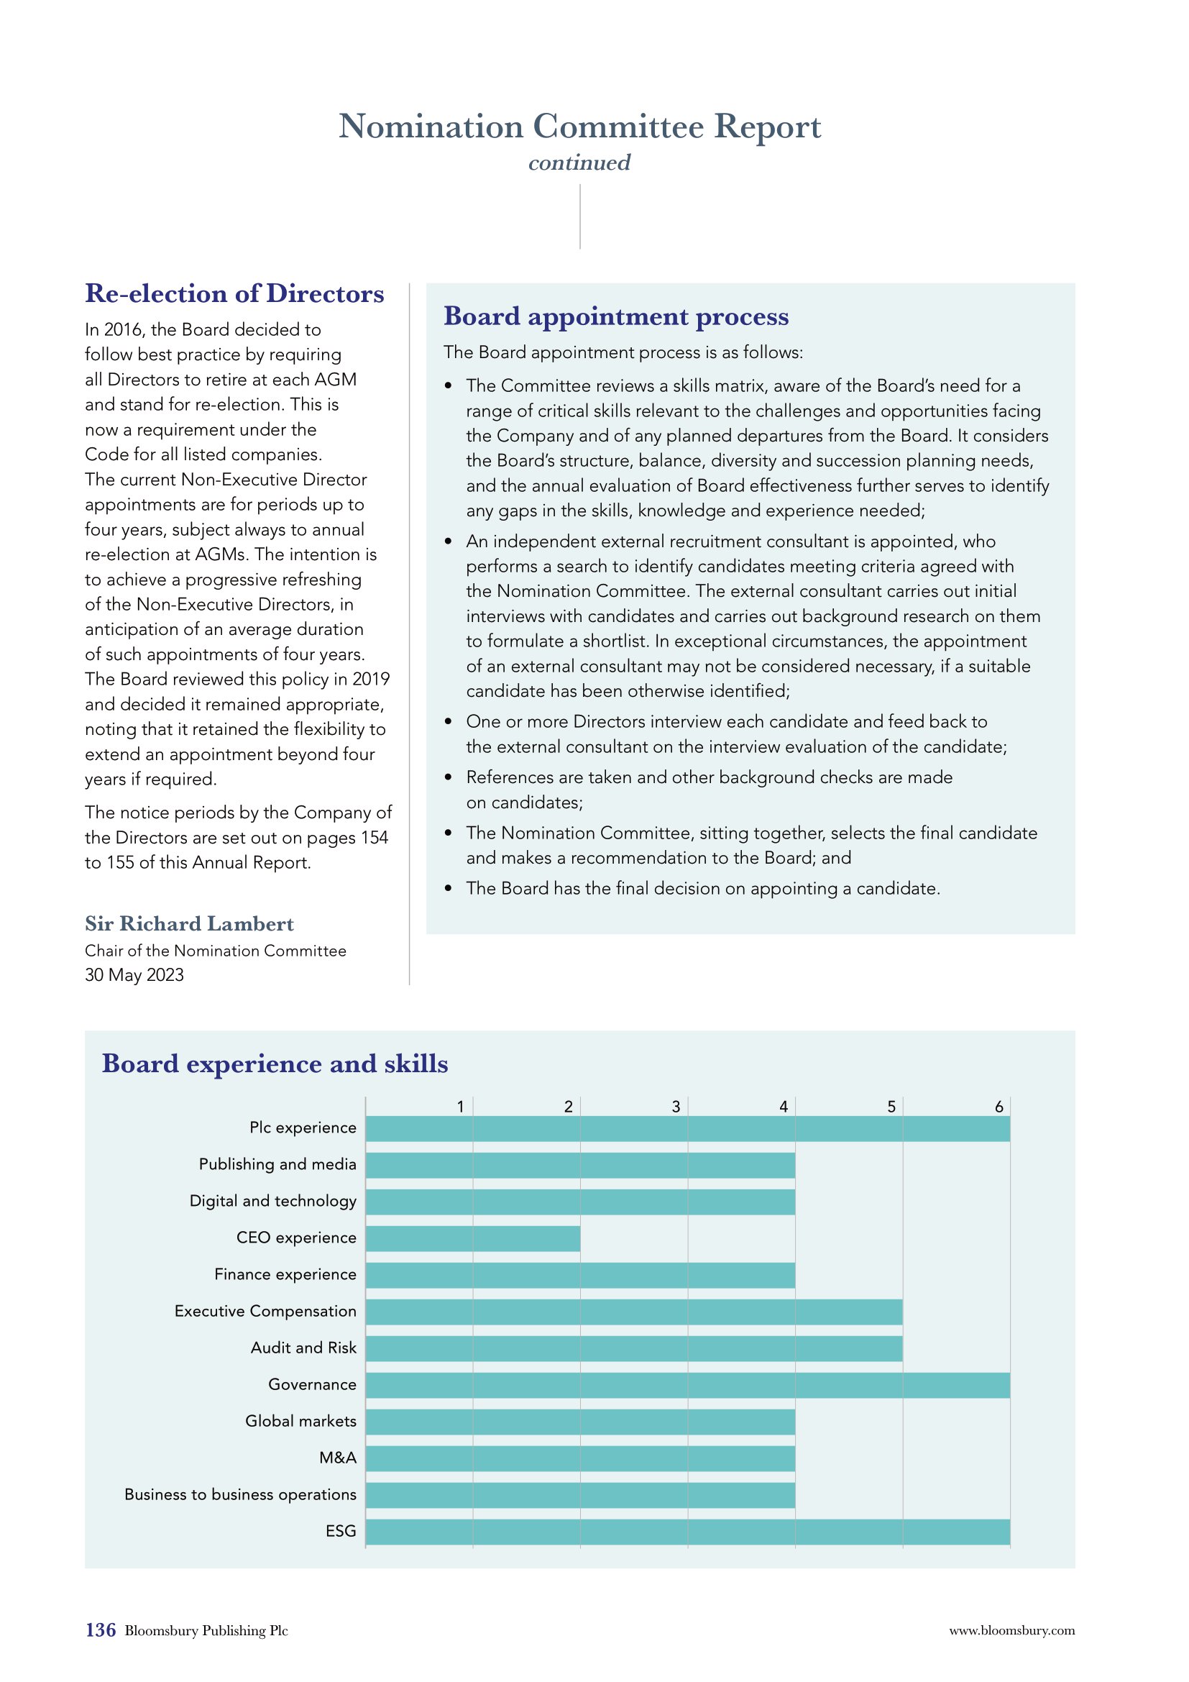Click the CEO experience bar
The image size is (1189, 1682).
coord(473,1239)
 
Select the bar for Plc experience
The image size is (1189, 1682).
coord(688,1129)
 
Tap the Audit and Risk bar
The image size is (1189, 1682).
coord(634,1348)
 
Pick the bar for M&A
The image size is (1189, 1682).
coord(581,1458)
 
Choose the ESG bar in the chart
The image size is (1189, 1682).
coord(688,1532)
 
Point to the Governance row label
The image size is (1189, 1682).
coord(312,1384)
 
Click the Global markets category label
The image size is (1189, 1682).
coord(300,1421)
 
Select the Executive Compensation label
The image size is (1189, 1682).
coord(265,1312)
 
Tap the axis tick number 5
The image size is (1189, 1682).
coord(891,1107)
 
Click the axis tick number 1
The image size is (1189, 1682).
coord(461,1107)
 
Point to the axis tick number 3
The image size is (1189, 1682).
coord(676,1107)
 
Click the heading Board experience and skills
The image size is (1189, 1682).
coord(275,1064)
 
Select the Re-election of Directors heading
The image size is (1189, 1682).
coord(234,294)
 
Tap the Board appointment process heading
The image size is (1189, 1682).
coord(617,316)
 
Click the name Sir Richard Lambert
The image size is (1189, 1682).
coord(189,924)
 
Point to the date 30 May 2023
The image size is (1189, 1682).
coord(134,975)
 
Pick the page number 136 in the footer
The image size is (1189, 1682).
coord(101,1630)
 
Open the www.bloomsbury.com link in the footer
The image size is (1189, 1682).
coord(1012,1631)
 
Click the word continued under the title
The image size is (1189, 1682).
coord(579,163)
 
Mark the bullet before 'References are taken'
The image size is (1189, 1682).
coord(448,778)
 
